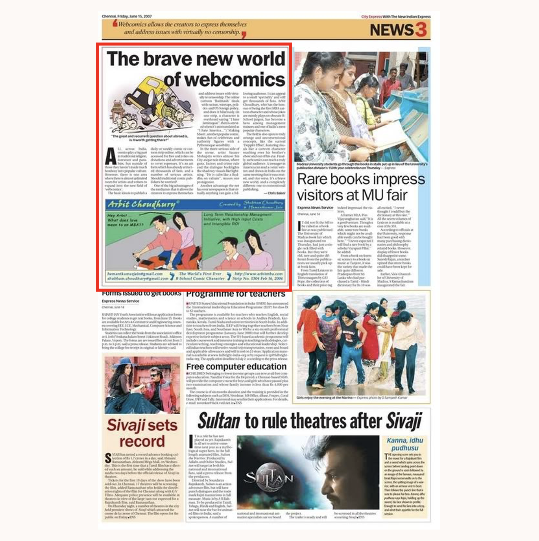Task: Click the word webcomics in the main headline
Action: pos(224,80)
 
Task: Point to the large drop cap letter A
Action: pos(111,157)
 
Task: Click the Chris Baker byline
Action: pos(276,193)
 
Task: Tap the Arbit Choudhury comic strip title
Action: pos(142,204)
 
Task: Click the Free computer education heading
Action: pos(236,367)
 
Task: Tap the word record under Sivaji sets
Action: pos(142,441)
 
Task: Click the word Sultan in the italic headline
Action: pos(219,421)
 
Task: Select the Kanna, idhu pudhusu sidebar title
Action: pos(405,444)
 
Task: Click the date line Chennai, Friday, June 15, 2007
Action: pos(127,16)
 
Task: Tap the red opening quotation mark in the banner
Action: pos(115,23)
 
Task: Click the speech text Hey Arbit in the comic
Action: pos(117,215)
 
